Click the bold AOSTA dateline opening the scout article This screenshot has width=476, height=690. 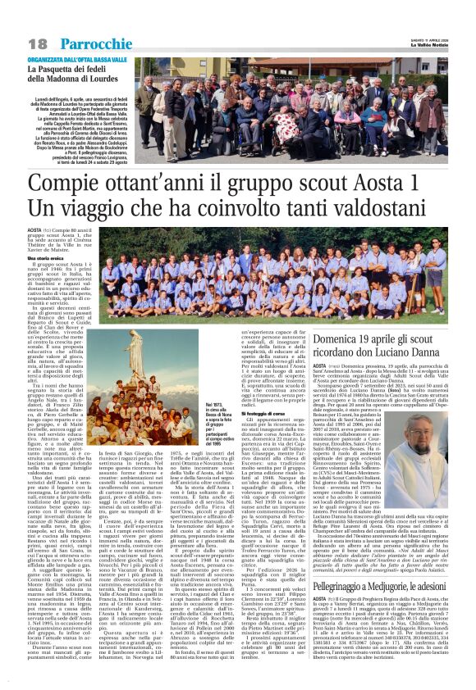click(x=35, y=232)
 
